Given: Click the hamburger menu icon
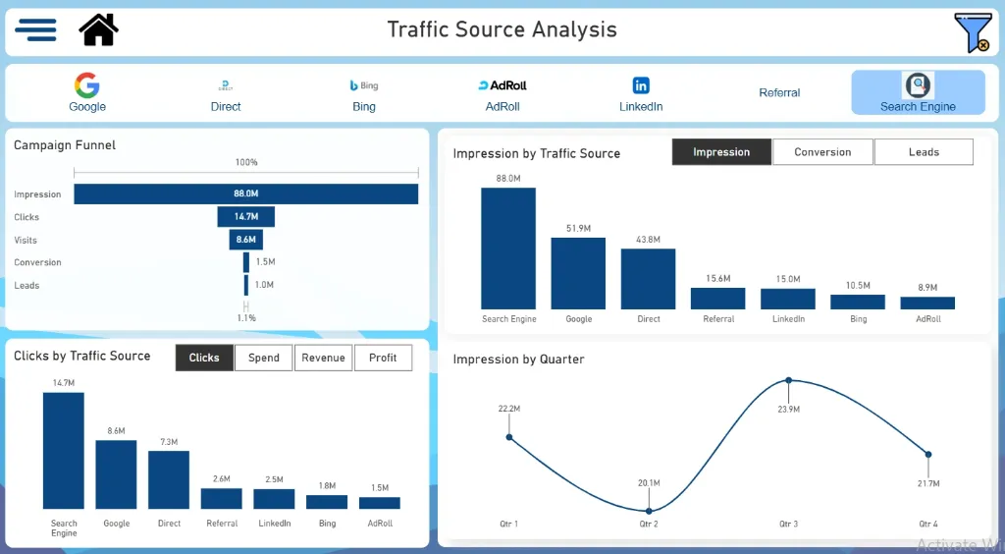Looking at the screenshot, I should (x=35, y=29).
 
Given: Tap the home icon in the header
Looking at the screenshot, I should (x=98, y=29).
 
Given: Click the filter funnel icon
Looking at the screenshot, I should (x=972, y=31).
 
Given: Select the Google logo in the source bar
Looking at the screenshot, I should (x=87, y=85).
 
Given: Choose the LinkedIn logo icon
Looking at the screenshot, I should (x=641, y=85).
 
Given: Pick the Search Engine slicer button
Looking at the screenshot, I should (x=918, y=92).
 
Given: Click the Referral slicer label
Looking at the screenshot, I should (x=779, y=92).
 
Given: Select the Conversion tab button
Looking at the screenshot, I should (x=822, y=152).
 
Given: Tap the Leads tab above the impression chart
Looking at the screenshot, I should (x=924, y=152).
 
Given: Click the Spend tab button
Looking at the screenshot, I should (x=263, y=358).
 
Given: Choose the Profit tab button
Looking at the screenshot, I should (x=383, y=358).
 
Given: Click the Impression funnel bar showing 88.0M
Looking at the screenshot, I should (x=245, y=194).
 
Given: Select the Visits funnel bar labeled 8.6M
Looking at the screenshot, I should (x=245, y=240).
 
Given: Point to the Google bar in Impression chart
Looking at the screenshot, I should (x=578, y=274).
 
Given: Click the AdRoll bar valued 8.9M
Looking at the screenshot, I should (x=927, y=304).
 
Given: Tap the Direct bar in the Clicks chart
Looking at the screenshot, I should (x=169, y=480).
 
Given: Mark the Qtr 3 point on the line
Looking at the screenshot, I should (x=788, y=380).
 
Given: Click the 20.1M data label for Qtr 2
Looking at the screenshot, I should (x=649, y=483).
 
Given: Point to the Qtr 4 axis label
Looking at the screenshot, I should (x=927, y=525).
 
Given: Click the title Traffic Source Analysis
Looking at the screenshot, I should (x=502, y=29).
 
